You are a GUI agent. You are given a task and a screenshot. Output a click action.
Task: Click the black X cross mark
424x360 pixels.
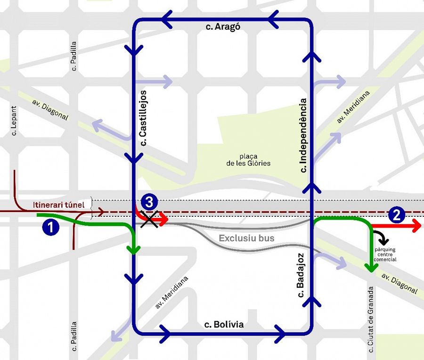(151, 219)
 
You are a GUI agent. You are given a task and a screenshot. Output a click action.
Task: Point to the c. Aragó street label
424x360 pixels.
(223, 27)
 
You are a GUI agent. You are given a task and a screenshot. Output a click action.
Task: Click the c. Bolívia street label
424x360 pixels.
(224, 324)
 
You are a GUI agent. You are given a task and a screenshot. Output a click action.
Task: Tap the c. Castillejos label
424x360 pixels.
(144, 117)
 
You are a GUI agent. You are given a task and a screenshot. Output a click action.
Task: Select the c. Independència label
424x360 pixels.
(303, 134)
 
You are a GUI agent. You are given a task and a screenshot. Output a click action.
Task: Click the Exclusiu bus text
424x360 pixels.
(246, 238)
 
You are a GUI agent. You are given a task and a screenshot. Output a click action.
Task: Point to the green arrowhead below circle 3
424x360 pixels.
(135, 249)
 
